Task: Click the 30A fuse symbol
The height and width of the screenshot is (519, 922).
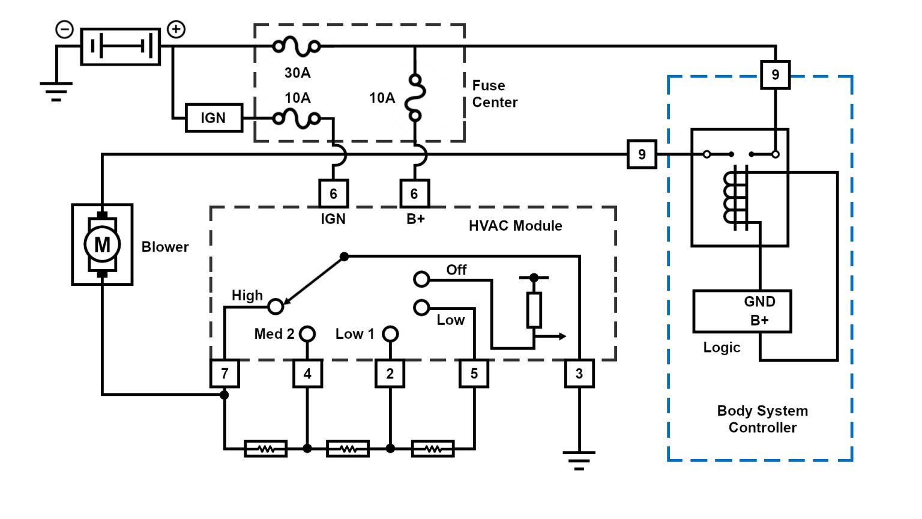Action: [x=297, y=46]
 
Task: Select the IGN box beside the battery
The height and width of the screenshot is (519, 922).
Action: [x=213, y=118]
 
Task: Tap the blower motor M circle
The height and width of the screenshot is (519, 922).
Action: [x=102, y=244]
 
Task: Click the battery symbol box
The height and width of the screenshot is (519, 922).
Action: [x=121, y=46]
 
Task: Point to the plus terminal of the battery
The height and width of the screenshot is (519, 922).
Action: [x=176, y=29]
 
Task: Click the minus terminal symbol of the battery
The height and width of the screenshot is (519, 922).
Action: [x=64, y=29]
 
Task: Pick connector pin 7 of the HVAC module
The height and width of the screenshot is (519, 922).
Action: [x=224, y=374]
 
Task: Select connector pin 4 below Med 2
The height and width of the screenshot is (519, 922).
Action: [x=307, y=374]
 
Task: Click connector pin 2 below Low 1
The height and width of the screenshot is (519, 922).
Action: [x=390, y=374]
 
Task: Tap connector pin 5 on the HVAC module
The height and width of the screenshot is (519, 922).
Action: [x=474, y=374]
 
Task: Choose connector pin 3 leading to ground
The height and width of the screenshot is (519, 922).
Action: [x=579, y=374]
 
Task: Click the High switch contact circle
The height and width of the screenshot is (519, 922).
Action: [x=276, y=306]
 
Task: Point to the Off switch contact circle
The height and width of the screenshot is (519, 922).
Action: [x=421, y=279]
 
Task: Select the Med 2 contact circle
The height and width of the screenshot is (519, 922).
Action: [x=307, y=333]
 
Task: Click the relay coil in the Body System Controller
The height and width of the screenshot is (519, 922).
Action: [x=736, y=198]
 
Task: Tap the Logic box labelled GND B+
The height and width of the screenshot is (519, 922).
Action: [x=742, y=311]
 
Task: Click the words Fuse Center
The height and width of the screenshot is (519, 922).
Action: [x=494, y=94]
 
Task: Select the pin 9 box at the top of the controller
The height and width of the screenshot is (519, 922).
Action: [x=775, y=74]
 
